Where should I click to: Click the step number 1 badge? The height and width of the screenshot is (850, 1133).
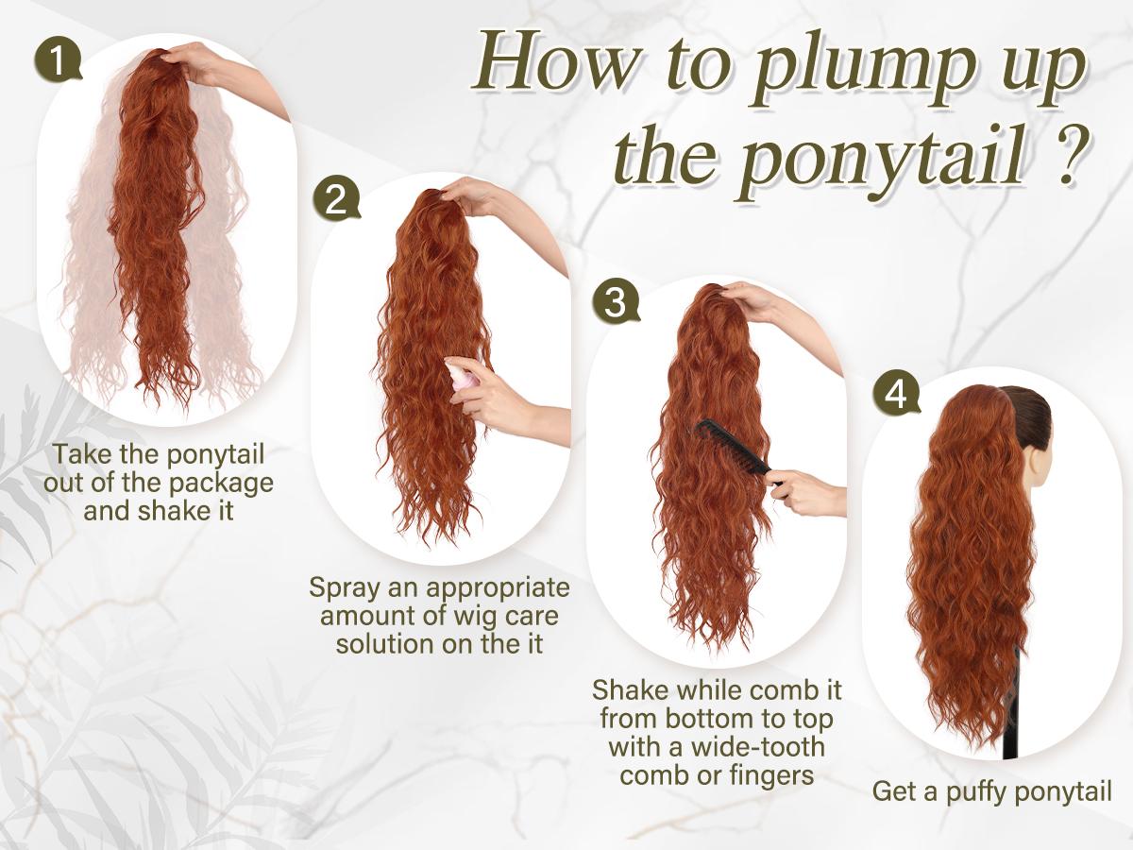[58, 62]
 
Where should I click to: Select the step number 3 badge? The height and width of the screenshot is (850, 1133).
[615, 302]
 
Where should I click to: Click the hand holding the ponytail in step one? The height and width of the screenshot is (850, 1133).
[198, 67]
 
